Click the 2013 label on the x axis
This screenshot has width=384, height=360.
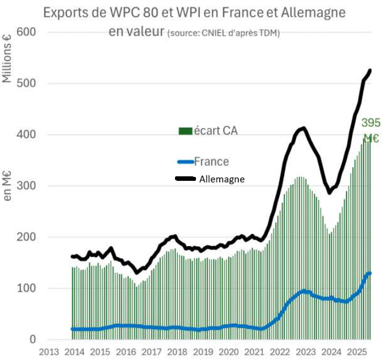48,351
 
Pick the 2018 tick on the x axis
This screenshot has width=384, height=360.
177,351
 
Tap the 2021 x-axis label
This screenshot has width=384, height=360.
254,351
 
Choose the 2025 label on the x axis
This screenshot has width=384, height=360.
358,351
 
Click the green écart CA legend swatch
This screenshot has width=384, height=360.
185,132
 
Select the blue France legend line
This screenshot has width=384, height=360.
185,162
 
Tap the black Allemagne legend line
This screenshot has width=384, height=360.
185,179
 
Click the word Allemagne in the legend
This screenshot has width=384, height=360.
221,179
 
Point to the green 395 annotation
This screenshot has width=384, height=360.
371,123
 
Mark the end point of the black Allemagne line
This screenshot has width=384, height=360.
370,70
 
